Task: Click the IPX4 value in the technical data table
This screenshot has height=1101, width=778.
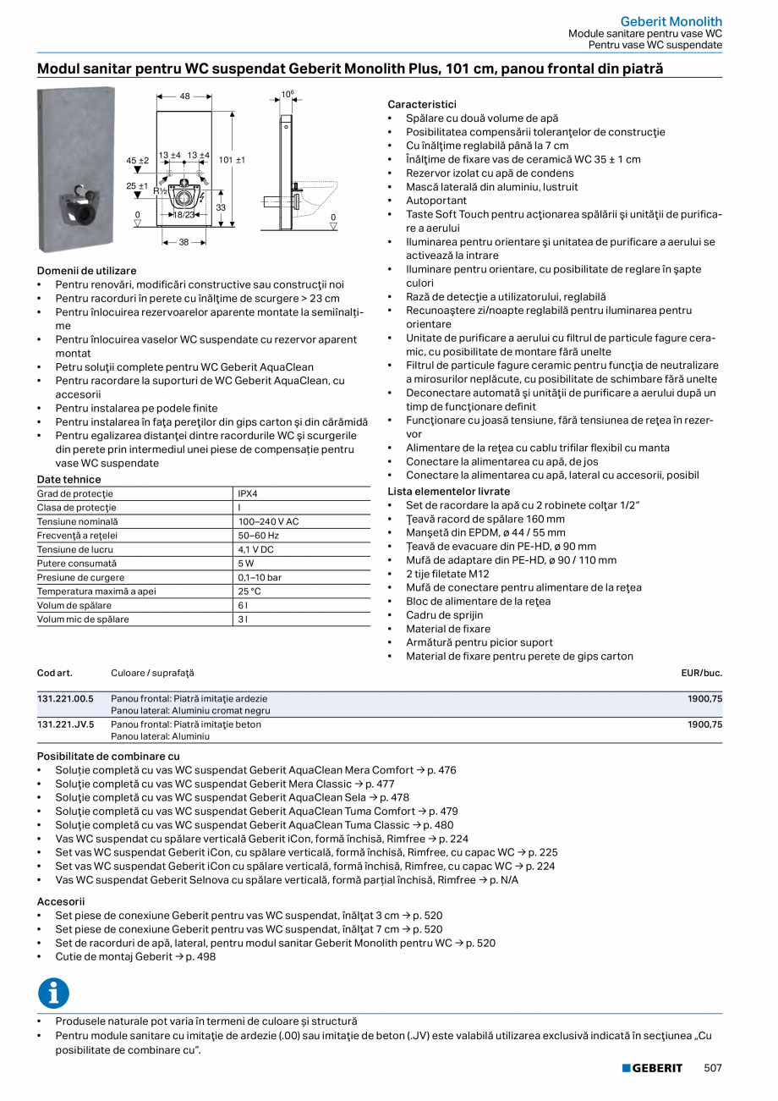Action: point(248,493)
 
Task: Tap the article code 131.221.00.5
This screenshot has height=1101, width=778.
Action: point(66,699)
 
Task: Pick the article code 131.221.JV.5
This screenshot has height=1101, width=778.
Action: point(66,724)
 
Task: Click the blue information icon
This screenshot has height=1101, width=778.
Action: point(53,993)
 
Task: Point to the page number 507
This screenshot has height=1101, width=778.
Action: point(713,1068)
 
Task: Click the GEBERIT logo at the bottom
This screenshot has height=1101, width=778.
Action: point(652,1068)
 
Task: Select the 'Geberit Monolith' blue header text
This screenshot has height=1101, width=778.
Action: point(671,21)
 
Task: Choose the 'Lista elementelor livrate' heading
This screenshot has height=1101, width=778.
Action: point(448,491)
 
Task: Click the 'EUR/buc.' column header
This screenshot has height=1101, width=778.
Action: point(701,673)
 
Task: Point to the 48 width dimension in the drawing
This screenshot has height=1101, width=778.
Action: point(184,96)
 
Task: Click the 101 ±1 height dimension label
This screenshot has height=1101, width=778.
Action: point(232,160)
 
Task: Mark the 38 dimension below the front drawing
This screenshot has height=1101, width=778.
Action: point(184,241)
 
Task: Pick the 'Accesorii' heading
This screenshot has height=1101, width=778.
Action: point(60,901)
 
